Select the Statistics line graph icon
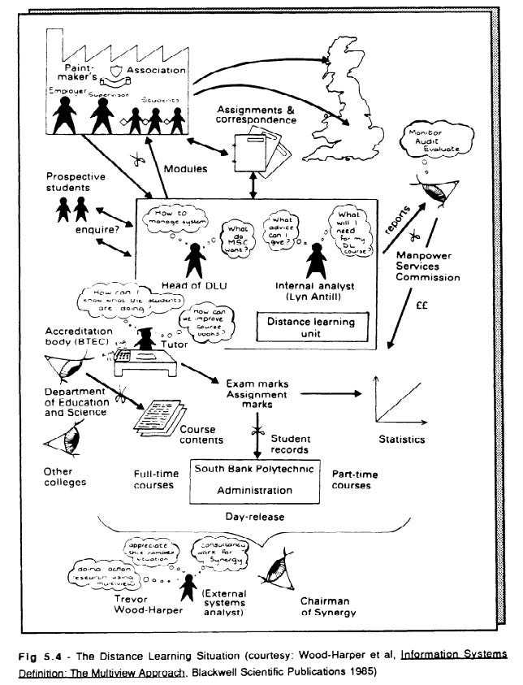(397, 398)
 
